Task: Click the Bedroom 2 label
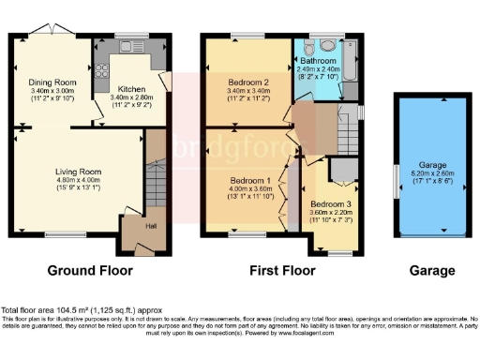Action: (x=248, y=82)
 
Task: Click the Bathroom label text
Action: (x=322, y=62)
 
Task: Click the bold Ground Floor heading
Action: (x=90, y=271)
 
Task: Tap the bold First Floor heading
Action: (x=279, y=271)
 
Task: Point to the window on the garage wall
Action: (x=397, y=177)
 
